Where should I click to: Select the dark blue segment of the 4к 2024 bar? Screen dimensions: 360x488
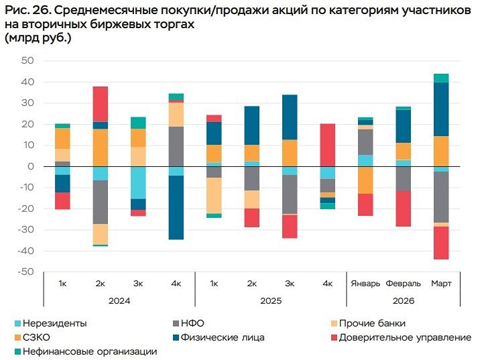[176, 207]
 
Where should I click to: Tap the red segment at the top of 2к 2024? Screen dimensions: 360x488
[101, 103]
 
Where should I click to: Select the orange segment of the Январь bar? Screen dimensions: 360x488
[365, 180]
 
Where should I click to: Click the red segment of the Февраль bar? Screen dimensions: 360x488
[403, 208]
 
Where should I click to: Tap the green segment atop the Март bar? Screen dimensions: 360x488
[440, 78]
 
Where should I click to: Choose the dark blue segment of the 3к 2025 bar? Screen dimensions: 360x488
[290, 117]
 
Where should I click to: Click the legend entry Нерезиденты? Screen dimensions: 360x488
[54, 323]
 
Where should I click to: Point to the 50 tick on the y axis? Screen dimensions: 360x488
[27, 61]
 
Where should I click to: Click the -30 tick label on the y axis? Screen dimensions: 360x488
[25, 230]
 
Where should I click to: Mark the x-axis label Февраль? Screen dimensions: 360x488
[403, 284]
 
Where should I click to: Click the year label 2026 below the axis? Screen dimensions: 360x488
[403, 301]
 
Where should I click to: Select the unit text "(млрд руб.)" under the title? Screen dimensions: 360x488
[38, 38]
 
